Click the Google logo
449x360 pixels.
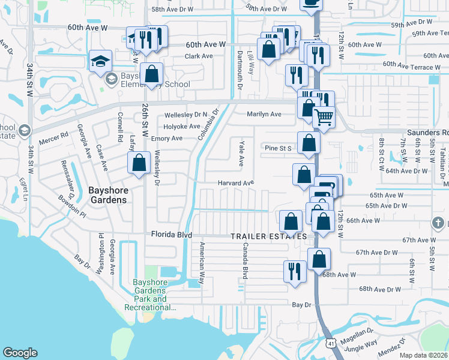(x=20, y=353)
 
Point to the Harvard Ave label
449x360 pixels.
(x=235, y=183)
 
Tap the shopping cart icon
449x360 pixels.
(x=324, y=118)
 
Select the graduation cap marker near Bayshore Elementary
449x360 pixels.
(x=101, y=61)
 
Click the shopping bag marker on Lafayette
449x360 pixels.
(x=139, y=163)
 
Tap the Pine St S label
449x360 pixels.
(x=277, y=148)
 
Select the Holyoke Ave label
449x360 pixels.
(x=181, y=127)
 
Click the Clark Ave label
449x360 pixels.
(x=199, y=56)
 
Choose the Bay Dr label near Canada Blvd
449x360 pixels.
(x=302, y=305)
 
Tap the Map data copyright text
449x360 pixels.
(x=424, y=355)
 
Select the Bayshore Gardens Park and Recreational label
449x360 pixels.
(x=150, y=295)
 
